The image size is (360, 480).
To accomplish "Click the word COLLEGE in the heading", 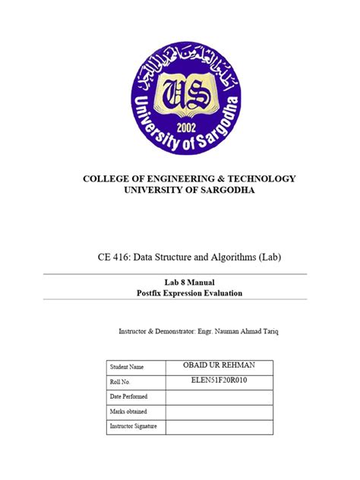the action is pos(107,178).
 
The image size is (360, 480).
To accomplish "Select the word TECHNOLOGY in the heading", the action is pos(255,178).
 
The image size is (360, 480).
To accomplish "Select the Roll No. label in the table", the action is pos(122,383).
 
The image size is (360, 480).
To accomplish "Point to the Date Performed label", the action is pos(131,397).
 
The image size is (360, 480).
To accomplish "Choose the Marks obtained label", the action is pos(129,412).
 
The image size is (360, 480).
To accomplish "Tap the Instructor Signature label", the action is pos(134,426).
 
